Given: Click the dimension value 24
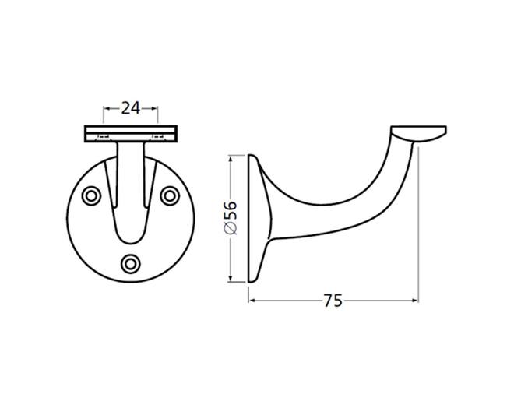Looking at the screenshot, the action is (x=131, y=108).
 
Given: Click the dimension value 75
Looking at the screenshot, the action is (x=333, y=301).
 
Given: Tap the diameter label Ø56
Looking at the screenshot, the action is (x=231, y=218).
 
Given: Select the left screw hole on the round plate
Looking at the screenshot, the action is (x=91, y=196).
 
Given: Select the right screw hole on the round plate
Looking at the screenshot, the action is (x=170, y=196).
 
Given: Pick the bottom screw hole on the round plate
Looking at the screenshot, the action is (x=131, y=263).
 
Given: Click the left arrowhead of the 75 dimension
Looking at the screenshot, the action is (x=252, y=301).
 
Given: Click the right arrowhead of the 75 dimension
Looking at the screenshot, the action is (x=415, y=301).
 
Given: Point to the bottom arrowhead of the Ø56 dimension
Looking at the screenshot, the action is (x=231, y=278).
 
